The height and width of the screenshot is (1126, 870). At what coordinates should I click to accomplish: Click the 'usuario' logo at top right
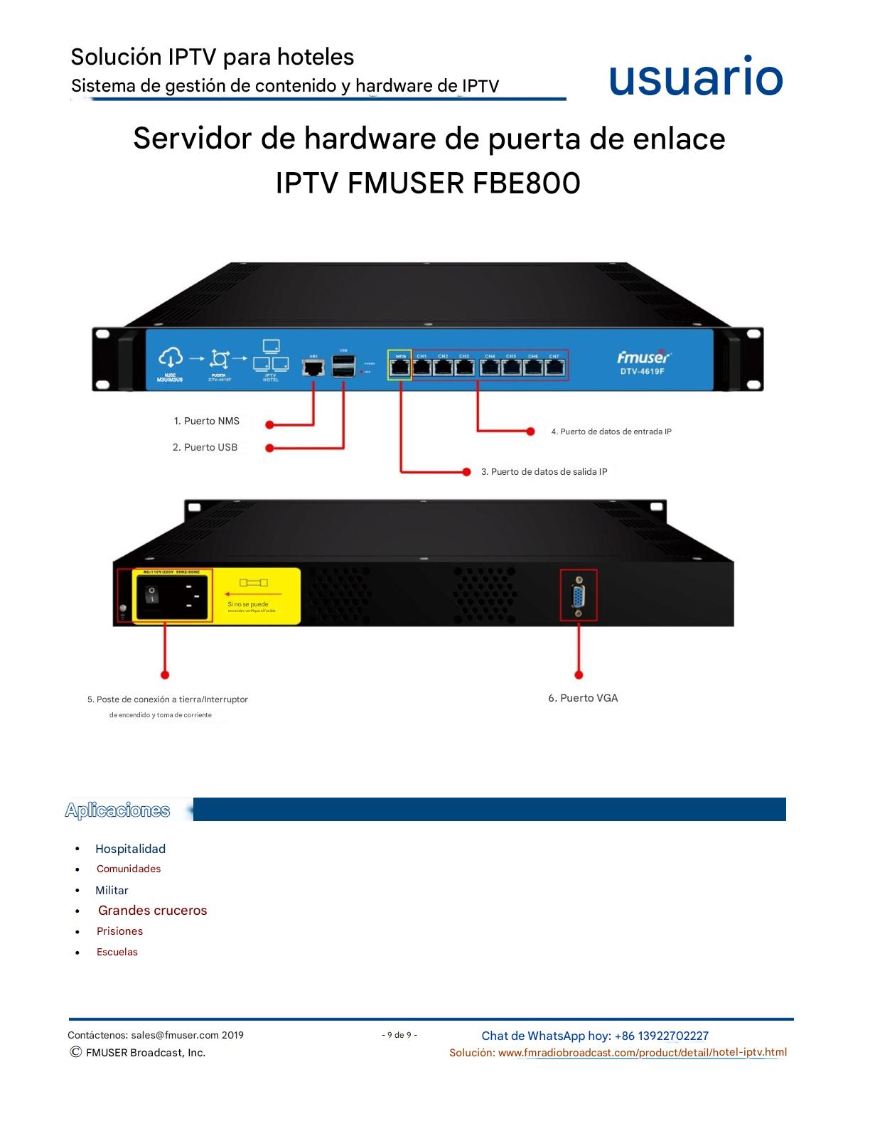coord(695,77)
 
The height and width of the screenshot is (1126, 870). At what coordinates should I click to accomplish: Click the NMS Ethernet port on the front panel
coord(313,368)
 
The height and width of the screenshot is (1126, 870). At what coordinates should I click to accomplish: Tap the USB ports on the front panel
coord(344,366)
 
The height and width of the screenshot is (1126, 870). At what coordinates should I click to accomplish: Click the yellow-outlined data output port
coord(400,367)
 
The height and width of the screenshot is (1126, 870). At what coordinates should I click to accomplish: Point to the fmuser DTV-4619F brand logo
coord(643,362)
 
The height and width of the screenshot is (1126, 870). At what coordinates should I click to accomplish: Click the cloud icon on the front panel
coord(171,357)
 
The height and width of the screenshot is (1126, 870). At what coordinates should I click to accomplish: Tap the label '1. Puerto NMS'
coord(207,421)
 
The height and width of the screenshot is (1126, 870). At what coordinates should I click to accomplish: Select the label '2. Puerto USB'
coord(205,447)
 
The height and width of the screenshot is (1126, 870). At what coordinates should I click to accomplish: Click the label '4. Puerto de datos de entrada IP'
coord(611,431)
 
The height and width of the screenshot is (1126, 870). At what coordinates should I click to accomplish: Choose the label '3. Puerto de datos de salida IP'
coord(544,471)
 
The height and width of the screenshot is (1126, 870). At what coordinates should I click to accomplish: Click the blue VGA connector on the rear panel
coord(579,595)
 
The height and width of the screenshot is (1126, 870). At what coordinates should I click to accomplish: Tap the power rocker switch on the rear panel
coord(152,594)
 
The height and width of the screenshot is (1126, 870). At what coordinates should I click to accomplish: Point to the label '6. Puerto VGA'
coord(583,698)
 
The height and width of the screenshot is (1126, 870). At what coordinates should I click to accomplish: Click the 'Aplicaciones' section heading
coord(117,810)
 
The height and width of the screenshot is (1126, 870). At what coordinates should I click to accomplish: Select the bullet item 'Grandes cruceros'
coord(153,911)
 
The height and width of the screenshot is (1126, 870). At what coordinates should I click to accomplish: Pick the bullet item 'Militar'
coord(112,890)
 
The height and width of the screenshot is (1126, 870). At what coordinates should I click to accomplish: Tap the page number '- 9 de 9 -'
coord(399,1035)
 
